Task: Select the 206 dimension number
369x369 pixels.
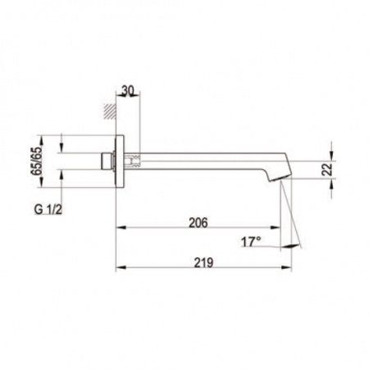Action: [198, 222]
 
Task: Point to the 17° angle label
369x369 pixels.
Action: [251, 243]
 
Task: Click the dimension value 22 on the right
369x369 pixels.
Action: [327, 169]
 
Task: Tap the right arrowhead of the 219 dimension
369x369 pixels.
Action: [289, 268]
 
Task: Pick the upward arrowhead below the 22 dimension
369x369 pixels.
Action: [332, 186]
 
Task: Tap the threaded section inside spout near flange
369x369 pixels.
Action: [136, 161]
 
